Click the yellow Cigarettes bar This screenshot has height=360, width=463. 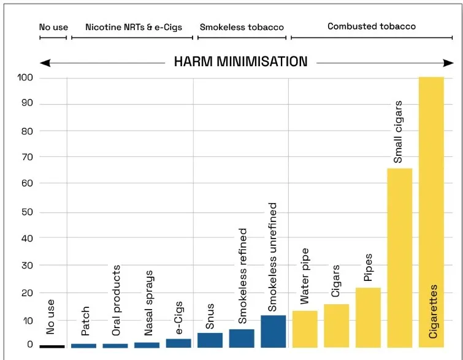click(x=431, y=212)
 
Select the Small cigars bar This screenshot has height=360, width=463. click(x=399, y=258)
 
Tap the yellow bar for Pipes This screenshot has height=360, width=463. click(x=368, y=318)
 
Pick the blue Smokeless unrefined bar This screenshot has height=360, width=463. click(x=273, y=331)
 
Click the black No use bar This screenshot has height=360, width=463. click(x=52, y=347)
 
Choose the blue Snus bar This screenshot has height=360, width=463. click(x=210, y=340)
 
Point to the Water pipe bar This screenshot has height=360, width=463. click(x=305, y=329)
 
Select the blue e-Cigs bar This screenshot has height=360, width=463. click(x=178, y=343)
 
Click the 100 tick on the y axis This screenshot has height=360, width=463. click(x=25, y=78)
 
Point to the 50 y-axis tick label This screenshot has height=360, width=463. click(x=27, y=212)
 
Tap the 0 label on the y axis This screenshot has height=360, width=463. click(x=30, y=344)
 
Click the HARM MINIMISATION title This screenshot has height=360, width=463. click(x=240, y=62)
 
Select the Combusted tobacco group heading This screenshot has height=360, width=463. click(x=372, y=26)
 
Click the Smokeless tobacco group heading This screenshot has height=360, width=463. click(x=242, y=27)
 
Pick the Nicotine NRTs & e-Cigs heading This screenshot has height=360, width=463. click(x=134, y=27)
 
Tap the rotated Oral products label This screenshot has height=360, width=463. click(x=116, y=301)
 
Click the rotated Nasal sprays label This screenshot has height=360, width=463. click(x=148, y=303)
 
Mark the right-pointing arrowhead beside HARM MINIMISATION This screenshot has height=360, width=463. click(x=448, y=63)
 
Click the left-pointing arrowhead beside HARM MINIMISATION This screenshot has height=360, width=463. click(x=45, y=63)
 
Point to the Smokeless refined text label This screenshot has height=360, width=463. click(x=242, y=276)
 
